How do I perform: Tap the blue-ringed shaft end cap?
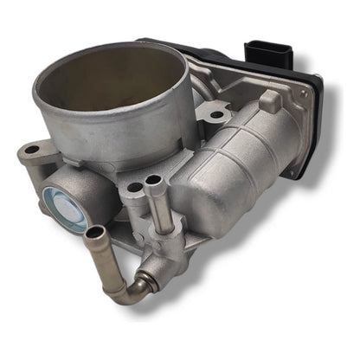coord(68,210)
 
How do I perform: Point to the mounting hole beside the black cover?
coord(214,111)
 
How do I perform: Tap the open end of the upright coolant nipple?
coord(156,181)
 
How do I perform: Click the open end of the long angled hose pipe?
coord(95,232)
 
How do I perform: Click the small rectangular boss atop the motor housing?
coord(269,102)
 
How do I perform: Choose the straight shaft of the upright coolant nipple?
coord(157,208)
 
